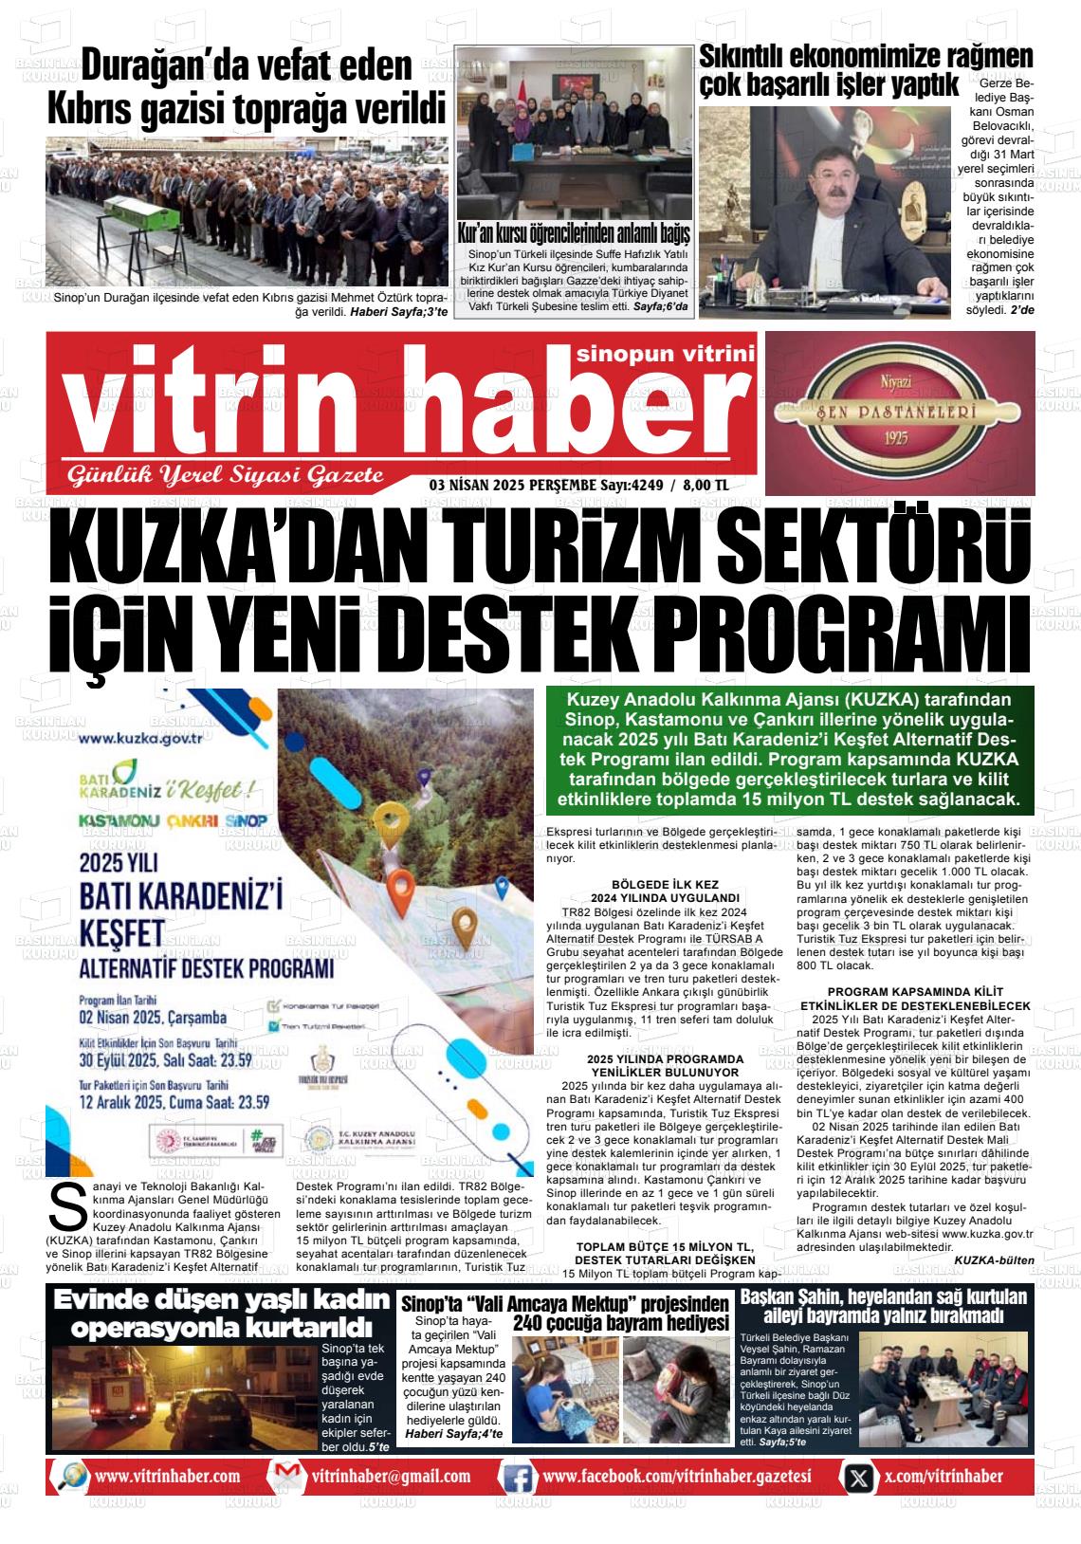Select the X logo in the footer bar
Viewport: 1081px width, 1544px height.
(858, 1477)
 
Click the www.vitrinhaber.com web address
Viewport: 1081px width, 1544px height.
(167, 1477)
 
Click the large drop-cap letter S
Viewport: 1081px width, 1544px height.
(66, 1207)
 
